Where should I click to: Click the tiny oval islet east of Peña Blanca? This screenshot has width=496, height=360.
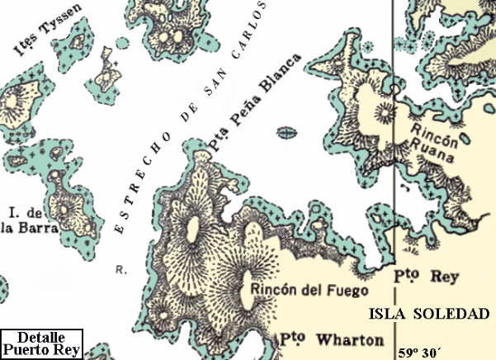point(286,132)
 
